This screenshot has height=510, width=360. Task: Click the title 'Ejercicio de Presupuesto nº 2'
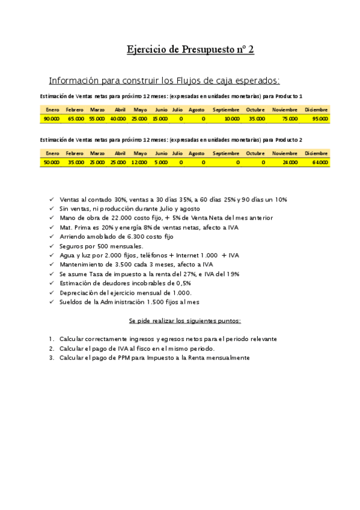(x=190, y=49)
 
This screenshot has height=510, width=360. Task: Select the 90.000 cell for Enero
(x=52, y=119)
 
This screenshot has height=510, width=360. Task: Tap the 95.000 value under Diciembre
(x=320, y=119)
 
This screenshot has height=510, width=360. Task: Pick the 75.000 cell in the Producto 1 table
(x=289, y=119)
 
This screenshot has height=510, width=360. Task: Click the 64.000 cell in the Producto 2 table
(x=320, y=162)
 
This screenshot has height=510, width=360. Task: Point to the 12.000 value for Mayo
(x=139, y=162)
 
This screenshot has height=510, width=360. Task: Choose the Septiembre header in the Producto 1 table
(x=225, y=110)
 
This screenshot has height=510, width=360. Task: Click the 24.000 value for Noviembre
(x=289, y=162)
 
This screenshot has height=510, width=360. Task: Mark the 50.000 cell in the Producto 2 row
(x=52, y=162)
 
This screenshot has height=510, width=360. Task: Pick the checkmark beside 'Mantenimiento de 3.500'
(x=52, y=265)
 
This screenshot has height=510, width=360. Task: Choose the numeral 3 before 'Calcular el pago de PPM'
(x=52, y=358)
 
